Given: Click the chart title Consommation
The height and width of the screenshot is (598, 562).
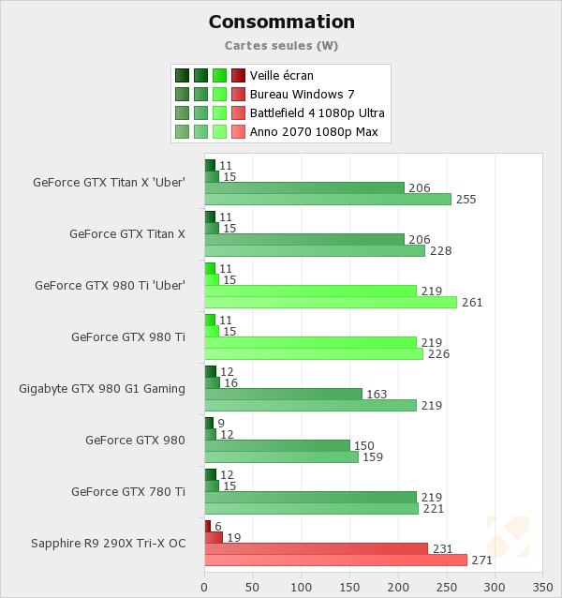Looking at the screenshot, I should click(x=281, y=22).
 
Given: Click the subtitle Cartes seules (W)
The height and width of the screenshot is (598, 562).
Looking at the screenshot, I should click(x=281, y=45).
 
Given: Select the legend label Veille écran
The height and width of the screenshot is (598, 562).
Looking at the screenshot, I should click(x=282, y=75).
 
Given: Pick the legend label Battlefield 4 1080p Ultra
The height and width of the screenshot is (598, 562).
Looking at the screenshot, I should click(x=318, y=112).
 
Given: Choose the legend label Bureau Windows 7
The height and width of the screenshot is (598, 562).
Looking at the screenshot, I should click(x=302, y=94).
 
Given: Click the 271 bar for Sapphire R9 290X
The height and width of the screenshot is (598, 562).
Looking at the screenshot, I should click(x=335, y=560).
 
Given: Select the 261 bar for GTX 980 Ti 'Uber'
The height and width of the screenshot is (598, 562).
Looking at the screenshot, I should click(x=331, y=302).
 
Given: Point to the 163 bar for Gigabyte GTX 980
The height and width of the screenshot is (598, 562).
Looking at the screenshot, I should click(x=283, y=394).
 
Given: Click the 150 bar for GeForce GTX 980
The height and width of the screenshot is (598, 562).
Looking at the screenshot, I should click(x=277, y=445).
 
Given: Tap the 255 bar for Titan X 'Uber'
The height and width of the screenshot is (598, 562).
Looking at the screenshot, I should click(x=328, y=199).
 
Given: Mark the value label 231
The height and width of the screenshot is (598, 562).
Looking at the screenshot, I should click(x=442, y=548).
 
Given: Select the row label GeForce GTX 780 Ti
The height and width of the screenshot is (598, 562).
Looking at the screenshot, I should click(x=127, y=491).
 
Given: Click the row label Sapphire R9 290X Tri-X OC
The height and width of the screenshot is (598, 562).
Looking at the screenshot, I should click(x=108, y=543).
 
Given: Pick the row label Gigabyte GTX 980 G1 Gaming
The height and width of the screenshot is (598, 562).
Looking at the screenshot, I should click(x=102, y=388).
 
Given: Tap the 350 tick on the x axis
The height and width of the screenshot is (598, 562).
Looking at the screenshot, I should click(x=542, y=588).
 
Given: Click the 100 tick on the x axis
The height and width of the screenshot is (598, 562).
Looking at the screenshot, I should click(x=301, y=588).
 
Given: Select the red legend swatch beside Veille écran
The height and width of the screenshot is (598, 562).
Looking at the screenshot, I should click(x=238, y=75).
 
